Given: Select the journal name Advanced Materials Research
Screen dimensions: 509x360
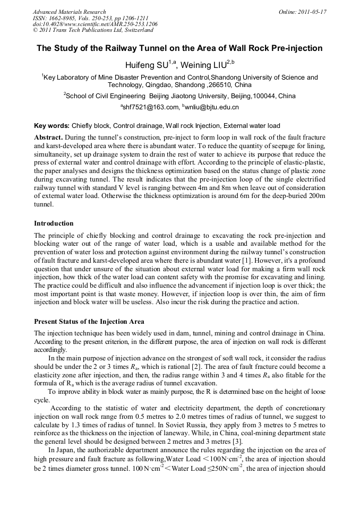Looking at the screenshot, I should click(69, 12).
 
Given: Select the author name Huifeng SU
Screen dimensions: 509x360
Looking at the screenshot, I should click(146, 65).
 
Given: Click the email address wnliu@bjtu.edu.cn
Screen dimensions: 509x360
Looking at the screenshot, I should click(212, 107).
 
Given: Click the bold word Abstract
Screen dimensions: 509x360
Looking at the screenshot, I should click(48, 137).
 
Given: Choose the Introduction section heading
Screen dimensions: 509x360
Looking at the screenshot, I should click(54, 223).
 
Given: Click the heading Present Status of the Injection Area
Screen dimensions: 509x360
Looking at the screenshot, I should click(89, 321).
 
